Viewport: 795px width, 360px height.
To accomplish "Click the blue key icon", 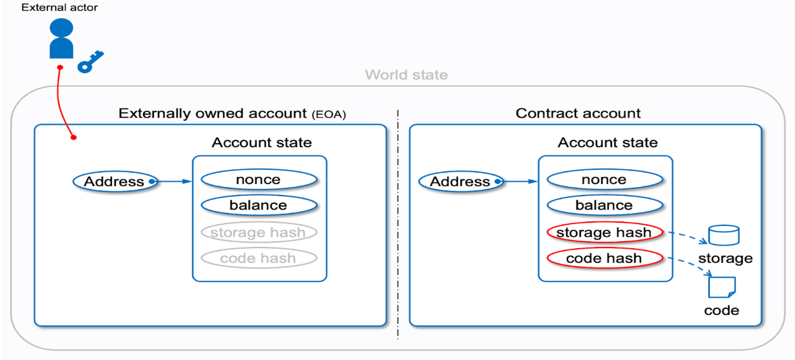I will pyautogui.click(x=91, y=61).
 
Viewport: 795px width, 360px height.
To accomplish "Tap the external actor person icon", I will pyautogui.click(x=61, y=39).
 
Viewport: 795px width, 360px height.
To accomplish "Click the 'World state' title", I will pyautogui.click(x=406, y=75).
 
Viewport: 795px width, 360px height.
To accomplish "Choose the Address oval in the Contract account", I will pyautogui.click(x=461, y=182).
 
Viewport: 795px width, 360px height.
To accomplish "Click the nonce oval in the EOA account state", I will pyautogui.click(x=258, y=180).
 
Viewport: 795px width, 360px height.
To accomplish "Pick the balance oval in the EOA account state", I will pyautogui.click(x=258, y=206).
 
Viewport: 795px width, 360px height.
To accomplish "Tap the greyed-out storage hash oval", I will pyautogui.click(x=258, y=232).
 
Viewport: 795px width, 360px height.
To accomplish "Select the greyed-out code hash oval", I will pyautogui.click(x=258, y=258).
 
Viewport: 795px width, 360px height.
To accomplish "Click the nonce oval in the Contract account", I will pyautogui.click(x=604, y=180).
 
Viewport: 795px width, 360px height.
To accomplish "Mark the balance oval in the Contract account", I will pyautogui.click(x=604, y=206).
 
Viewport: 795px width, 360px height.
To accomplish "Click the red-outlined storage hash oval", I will pyautogui.click(x=604, y=232).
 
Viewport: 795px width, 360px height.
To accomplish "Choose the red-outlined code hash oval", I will pyautogui.click(x=604, y=258).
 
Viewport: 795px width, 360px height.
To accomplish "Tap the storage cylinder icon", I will pyautogui.click(x=724, y=235).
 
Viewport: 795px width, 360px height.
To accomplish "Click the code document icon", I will pyautogui.click(x=722, y=287).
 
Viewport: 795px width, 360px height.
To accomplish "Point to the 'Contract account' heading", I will pyautogui.click(x=578, y=113).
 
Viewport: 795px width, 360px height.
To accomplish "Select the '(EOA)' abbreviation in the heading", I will pyautogui.click(x=329, y=115).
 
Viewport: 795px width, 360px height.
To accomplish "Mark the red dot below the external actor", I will pyautogui.click(x=60, y=68).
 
